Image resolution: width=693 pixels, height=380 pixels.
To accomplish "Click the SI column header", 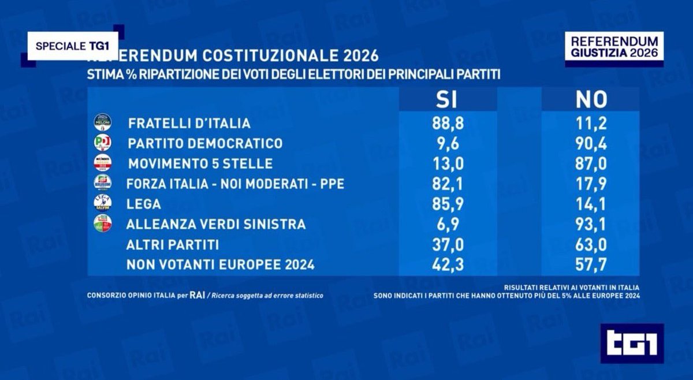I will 447,99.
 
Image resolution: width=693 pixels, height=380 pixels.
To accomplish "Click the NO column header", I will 591,99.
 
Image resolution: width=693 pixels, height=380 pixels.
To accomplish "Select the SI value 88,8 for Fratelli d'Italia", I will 448,123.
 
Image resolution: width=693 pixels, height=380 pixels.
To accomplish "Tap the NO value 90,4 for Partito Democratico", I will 591,143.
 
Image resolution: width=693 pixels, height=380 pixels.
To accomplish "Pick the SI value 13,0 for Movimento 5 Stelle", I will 448,163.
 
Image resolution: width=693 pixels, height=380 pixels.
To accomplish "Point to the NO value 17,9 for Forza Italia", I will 591,184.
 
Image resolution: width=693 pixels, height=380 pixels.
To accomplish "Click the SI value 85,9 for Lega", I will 448,204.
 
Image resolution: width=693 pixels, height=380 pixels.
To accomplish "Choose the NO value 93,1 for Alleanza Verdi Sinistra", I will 591,224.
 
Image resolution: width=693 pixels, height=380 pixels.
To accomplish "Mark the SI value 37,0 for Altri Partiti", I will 448,245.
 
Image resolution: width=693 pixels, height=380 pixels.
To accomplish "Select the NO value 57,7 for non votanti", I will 591,265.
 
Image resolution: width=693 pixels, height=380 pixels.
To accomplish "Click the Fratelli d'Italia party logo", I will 102,122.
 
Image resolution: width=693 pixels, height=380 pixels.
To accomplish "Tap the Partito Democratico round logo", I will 102,143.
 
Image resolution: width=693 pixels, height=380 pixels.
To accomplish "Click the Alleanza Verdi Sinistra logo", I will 102,223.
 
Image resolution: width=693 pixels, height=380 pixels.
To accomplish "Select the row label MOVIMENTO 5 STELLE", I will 200,163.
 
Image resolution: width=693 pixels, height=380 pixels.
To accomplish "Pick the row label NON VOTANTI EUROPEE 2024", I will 221,265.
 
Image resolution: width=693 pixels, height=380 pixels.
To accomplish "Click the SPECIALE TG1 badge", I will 73,47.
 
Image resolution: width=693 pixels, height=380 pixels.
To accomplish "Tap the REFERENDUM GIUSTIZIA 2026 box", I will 614,47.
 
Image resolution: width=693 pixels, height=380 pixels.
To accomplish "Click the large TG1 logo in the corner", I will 632,343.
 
